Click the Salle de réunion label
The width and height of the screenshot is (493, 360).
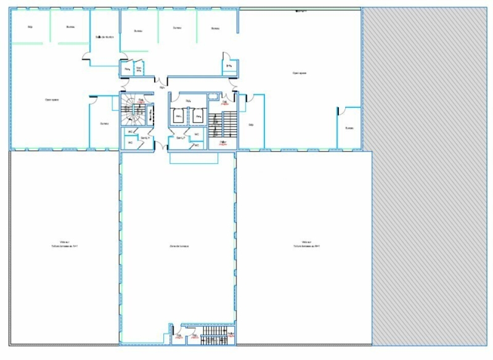pos(105,37)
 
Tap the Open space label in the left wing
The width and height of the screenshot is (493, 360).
pos(52,99)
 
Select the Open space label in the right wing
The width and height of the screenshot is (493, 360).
pos(299,73)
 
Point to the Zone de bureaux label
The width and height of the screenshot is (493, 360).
pos(179,246)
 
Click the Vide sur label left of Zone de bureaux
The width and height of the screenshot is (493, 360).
pos(64,243)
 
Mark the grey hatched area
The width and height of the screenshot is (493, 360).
pos(428,185)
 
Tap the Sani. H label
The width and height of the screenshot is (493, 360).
pos(145,137)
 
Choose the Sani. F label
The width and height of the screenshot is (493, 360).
pos(181,137)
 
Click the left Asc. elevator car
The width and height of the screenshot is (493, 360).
pos(178,115)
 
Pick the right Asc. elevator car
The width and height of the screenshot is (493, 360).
pos(198,115)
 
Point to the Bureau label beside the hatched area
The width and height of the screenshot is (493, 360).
pos(349,128)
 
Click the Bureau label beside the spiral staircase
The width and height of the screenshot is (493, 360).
pos(104,123)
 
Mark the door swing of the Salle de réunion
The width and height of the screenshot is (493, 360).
pos(86,58)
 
